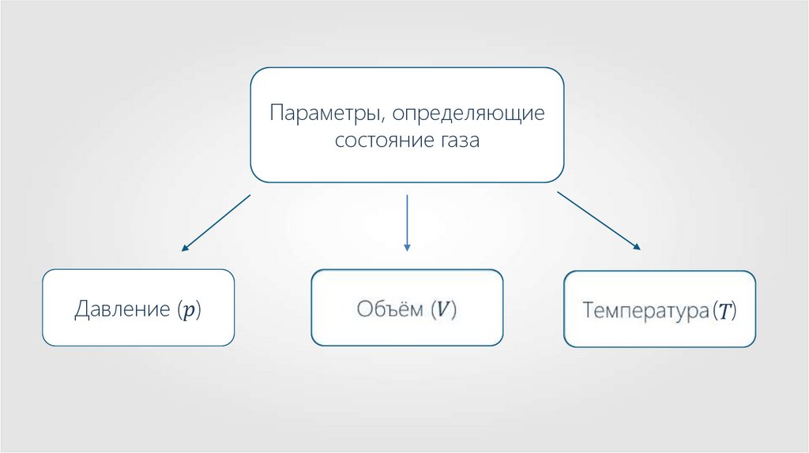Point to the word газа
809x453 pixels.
tap(457, 142)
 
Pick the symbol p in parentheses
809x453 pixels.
tap(187, 309)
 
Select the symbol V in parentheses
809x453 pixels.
tap(445, 309)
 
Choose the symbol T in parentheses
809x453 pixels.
tap(724, 310)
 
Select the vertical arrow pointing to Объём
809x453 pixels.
tap(407, 222)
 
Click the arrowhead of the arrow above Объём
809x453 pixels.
tap(407, 248)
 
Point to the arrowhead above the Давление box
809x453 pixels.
tap(185, 248)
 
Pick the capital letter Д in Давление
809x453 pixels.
tap(81, 309)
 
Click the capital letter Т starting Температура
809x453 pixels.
tap(588, 309)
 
